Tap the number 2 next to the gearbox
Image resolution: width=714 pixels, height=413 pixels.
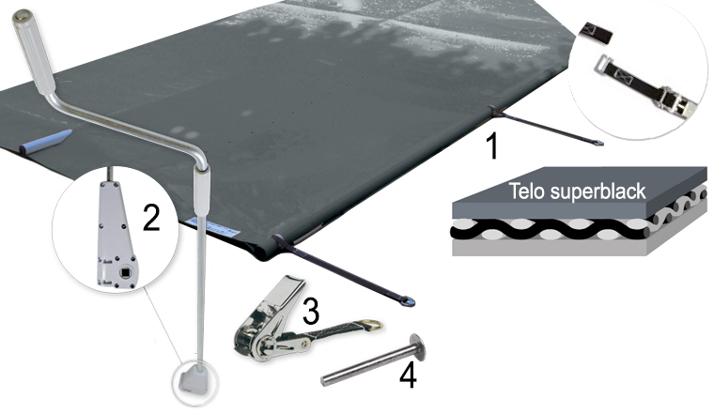(x=149, y=218)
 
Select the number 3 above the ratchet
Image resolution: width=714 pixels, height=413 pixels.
(x=310, y=309)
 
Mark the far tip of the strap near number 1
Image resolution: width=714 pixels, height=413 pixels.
(x=598, y=143)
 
